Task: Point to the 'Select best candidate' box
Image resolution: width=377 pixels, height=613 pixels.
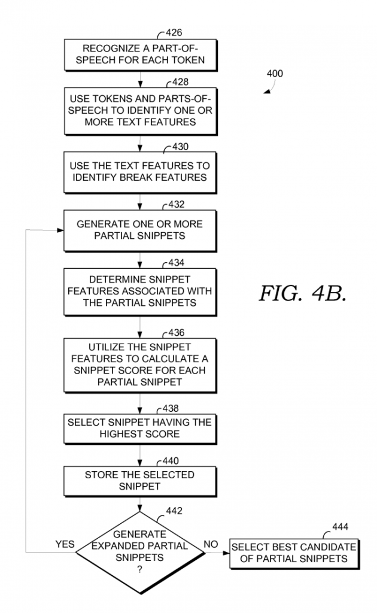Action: coord(293,553)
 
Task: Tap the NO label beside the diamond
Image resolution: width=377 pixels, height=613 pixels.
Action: coord(211,544)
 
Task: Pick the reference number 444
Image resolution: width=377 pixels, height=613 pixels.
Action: coord(339,527)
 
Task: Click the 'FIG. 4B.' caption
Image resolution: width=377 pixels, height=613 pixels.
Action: coord(302,293)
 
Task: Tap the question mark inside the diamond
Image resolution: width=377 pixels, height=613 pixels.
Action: coord(139,570)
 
